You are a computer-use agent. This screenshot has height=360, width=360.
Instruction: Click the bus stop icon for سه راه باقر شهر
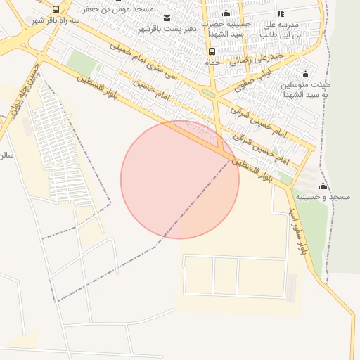[x=56, y=10]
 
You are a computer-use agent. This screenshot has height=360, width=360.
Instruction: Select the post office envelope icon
[x=167, y=18]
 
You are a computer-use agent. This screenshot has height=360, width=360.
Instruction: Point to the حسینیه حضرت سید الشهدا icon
[x=226, y=13]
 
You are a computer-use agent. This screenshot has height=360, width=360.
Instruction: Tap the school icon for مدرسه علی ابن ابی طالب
[x=281, y=13]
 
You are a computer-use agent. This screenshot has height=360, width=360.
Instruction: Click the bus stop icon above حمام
[x=212, y=52]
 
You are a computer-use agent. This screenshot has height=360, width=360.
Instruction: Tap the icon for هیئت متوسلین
[x=305, y=75]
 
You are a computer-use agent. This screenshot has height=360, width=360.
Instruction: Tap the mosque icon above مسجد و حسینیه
[x=323, y=186]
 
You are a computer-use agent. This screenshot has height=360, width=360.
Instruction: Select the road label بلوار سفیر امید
[x=299, y=228]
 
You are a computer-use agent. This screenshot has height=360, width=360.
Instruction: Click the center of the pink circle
[x=180, y=179]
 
